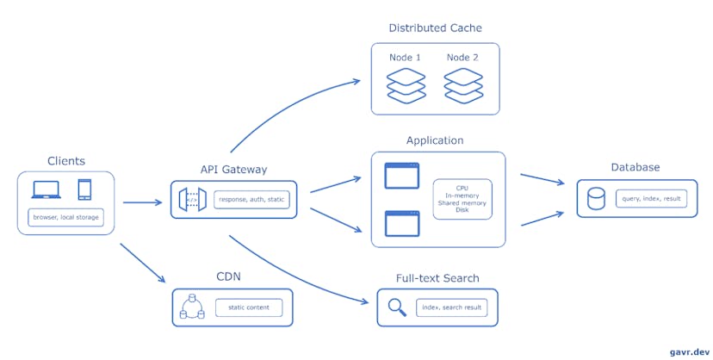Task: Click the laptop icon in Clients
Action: (46, 189)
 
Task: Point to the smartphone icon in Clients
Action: (84, 189)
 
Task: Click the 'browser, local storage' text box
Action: (65, 218)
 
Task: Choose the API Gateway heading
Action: (232, 170)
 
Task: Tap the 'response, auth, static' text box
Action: (251, 200)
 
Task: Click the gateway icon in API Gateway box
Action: (191, 200)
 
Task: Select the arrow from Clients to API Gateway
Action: (142, 203)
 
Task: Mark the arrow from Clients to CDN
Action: (142, 263)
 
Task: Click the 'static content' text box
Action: (248, 307)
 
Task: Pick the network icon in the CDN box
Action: (192, 307)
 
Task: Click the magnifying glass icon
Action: (397, 307)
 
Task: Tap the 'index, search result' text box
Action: (450, 307)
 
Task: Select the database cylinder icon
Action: (595, 199)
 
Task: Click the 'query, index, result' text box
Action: (651, 199)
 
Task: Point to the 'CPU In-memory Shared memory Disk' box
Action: (462, 199)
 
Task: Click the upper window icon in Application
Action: (401, 176)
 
